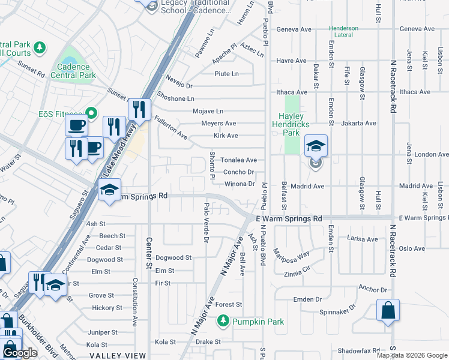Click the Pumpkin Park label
point(259,322)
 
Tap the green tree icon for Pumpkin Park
point(223,322)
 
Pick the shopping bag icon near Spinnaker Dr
point(388,311)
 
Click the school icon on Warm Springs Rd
point(109,190)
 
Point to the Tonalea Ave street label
point(238,160)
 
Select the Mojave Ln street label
point(208,111)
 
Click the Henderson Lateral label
point(343,32)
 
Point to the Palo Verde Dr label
point(206,223)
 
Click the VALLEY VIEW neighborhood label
point(117,355)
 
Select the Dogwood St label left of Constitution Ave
point(101,260)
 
